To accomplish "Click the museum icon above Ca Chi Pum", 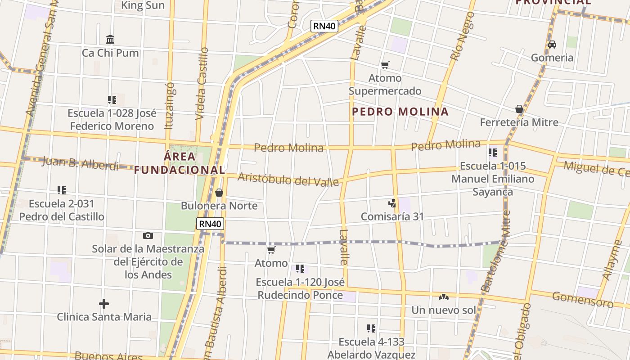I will pyautogui.click(x=110, y=39).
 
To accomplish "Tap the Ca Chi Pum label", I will pyautogui.click(x=110, y=53).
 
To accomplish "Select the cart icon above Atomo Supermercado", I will pyautogui.click(x=385, y=65).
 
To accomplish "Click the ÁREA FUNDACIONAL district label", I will pyautogui.click(x=179, y=163).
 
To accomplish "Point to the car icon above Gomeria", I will pyautogui.click(x=552, y=45).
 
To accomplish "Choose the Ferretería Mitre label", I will pyautogui.click(x=519, y=122).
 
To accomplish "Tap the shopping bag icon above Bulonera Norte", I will pyautogui.click(x=219, y=193).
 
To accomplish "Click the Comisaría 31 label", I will pyautogui.click(x=392, y=216).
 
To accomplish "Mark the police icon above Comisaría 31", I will pyautogui.click(x=392, y=203).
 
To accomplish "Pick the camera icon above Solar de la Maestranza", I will pyautogui.click(x=148, y=235).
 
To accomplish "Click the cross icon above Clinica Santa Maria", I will pyautogui.click(x=104, y=304).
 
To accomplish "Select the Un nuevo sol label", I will pyautogui.click(x=443, y=310).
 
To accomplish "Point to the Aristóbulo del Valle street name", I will pyautogui.click(x=288, y=179).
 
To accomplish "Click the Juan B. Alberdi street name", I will pyautogui.click(x=80, y=163).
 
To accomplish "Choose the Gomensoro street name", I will pyautogui.click(x=582, y=299).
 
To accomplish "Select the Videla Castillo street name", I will pyautogui.click(x=202, y=83).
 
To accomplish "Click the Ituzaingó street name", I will pyautogui.click(x=170, y=105).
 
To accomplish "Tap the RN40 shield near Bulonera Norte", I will pyautogui.click(x=210, y=224).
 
